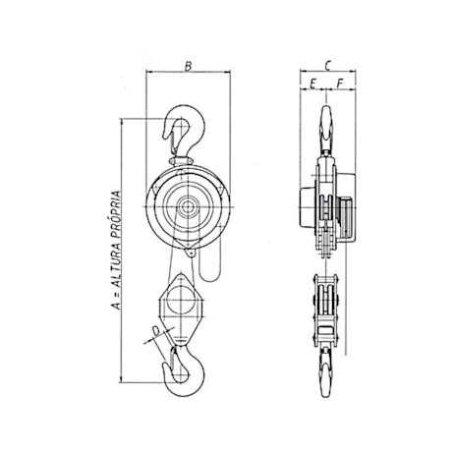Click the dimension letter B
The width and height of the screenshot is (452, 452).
pos(188,67)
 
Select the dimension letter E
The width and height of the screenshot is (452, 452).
pos(312,85)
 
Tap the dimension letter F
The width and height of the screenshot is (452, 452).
pos(338,85)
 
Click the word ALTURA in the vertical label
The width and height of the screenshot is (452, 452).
pos(119,270)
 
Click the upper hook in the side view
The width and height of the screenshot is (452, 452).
pos(325,128)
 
